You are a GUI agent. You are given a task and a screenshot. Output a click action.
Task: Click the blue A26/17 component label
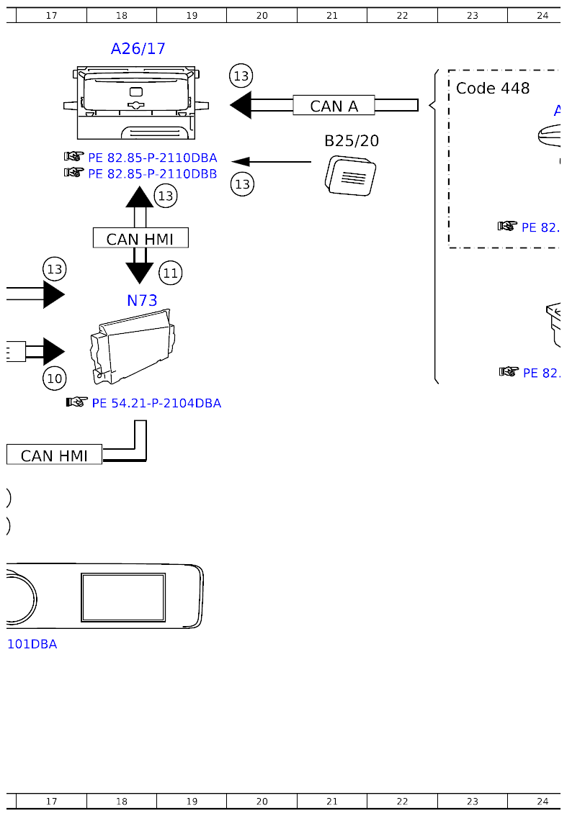tap(138, 49)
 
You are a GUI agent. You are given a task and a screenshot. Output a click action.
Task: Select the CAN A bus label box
tap(334, 106)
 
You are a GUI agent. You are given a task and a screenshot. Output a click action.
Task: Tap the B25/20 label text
tap(351, 141)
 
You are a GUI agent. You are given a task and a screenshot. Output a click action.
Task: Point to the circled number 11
tap(170, 273)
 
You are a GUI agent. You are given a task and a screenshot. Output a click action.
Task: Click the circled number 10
tap(55, 378)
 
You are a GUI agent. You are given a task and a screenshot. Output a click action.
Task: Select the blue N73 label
tap(142, 301)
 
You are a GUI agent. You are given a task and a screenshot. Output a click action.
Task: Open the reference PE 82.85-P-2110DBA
tap(151, 158)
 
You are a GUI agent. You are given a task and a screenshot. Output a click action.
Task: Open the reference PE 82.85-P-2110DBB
tap(151, 173)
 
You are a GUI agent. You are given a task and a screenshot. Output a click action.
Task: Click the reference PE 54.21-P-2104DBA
tap(156, 403)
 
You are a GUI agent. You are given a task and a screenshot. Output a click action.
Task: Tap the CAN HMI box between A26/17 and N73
tap(140, 238)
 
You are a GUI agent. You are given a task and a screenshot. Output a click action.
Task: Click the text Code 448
tap(493, 89)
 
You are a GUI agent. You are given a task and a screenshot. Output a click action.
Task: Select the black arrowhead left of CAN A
tap(241, 105)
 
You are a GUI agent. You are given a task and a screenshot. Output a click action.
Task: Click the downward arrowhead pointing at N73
tap(140, 273)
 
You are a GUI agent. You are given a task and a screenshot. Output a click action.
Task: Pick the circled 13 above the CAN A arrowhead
tap(241, 76)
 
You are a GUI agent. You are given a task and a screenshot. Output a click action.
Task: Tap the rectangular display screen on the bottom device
tap(123, 597)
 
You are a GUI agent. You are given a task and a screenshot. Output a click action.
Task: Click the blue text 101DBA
tap(32, 644)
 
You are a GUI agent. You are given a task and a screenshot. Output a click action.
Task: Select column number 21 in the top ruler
tap(331, 15)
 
